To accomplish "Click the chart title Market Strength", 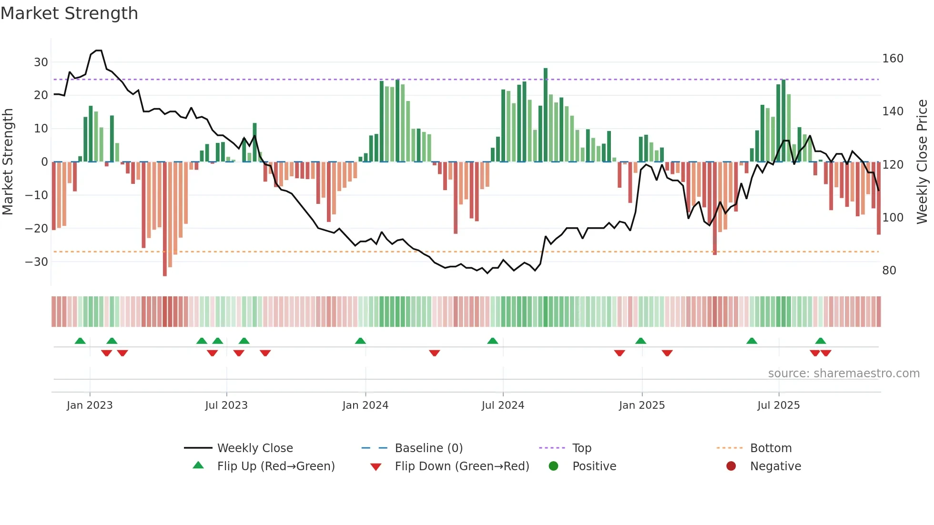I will pos(69,13).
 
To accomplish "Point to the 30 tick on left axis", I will pos(41,62).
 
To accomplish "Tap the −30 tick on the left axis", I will pos(37,262).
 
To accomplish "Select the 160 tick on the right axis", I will pos(893,59).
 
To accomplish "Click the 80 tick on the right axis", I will pos(889,271).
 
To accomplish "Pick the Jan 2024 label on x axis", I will pos(365,405).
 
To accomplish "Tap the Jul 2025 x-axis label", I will pos(778,405).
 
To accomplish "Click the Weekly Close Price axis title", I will pos(922,162).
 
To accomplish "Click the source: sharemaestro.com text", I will pos(843,374).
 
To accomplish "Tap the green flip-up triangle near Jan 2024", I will pos(360,341).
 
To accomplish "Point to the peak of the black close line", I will pos(99,50).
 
